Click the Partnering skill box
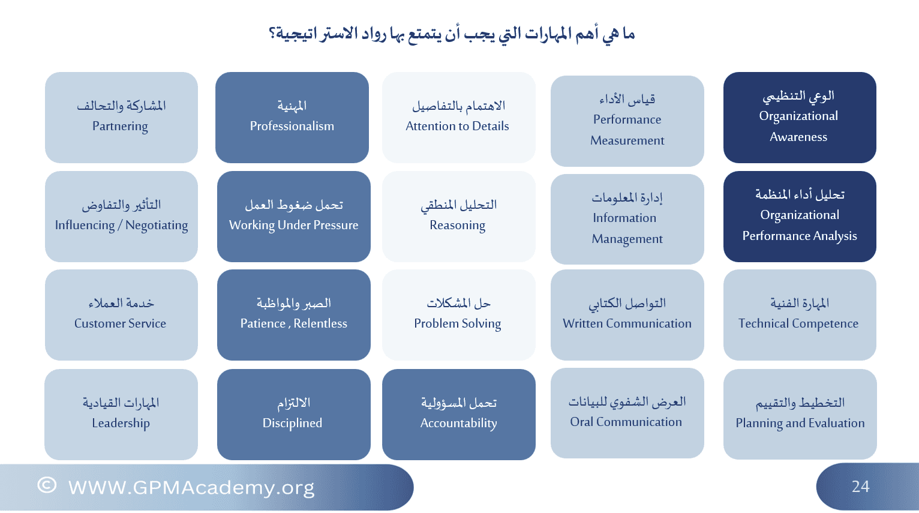121,118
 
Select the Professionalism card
292,118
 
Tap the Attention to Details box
459,118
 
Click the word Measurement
627,141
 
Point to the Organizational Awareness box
800,118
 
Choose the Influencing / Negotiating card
121,217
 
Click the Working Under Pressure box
294,217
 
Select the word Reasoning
458,226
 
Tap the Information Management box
627,219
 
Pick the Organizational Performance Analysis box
800,217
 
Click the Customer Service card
121,315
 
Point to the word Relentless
320,323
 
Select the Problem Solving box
459,315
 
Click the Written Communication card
627,315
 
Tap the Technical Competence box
800,315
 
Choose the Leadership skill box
121,415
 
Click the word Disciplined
292,423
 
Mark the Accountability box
459,415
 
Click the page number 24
860,487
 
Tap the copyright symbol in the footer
47,485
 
